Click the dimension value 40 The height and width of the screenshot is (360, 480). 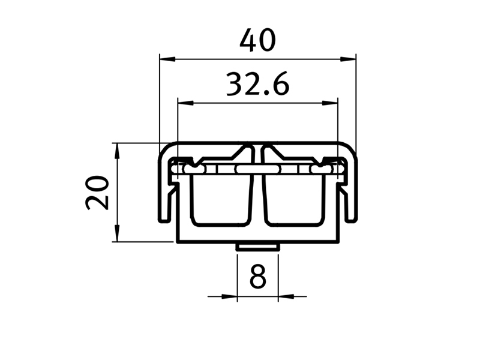(x=258, y=40)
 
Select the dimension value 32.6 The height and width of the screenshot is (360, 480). (x=257, y=84)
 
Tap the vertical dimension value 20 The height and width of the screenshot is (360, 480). (x=97, y=193)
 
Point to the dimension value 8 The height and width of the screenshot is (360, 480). (x=258, y=277)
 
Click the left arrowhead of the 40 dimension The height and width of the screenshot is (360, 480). (x=167, y=59)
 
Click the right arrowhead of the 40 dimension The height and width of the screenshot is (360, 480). (x=348, y=59)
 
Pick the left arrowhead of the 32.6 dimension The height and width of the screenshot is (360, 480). (x=185, y=103)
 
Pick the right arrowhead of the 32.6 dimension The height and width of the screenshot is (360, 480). (x=329, y=103)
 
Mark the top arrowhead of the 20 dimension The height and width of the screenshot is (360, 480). (x=116, y=151)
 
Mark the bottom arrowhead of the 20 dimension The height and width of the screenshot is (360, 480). (x=116, y=233)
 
